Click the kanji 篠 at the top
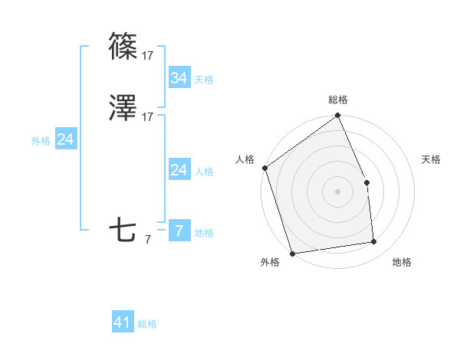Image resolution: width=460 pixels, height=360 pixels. [123, 47]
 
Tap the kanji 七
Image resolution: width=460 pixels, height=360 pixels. [123, 230]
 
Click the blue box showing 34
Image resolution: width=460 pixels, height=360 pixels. [179, 78]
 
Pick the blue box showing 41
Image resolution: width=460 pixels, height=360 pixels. [123, 322]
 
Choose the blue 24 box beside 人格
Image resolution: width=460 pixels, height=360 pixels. [179, 170]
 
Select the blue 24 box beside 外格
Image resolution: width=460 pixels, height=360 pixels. [66, 139]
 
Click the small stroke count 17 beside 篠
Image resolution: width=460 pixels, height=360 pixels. [148, 56]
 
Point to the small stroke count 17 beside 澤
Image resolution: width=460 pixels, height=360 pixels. [148, 117]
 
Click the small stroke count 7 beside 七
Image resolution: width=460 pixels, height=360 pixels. [148, 240]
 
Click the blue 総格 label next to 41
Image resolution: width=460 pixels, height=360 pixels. [147, 324]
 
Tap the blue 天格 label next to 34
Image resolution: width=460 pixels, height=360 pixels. [204, 80]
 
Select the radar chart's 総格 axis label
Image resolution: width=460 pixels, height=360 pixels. [338, 100]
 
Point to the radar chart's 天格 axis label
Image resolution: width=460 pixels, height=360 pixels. [431, 159]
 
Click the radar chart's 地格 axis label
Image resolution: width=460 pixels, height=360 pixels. [402, 262]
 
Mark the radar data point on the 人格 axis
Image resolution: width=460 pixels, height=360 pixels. [264, 168]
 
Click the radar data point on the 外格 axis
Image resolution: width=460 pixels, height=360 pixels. [292, 252]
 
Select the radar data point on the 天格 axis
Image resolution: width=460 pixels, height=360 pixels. [366, 182]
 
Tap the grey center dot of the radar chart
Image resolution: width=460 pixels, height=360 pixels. [337, 191]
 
